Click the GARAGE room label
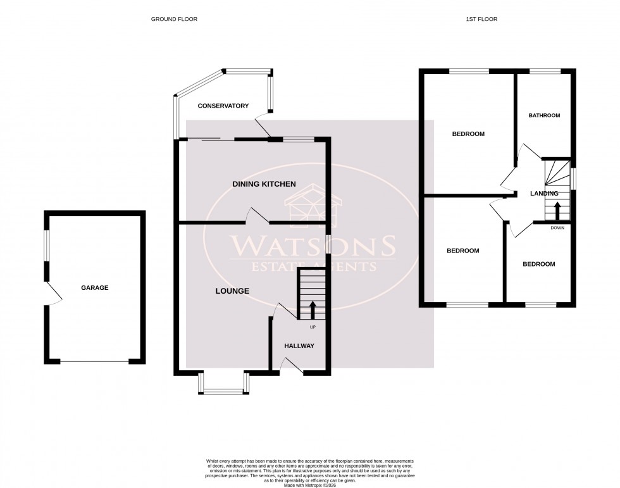tap(94, 287)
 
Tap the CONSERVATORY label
tap(223, 106)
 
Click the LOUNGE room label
tap(232, 291)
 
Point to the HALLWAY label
tap(299, 346)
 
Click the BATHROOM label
tap(544, 115)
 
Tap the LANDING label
tap(544, 194)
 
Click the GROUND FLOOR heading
tap(174, 19)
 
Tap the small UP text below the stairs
tap(312, 327)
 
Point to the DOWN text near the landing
tap(557, 227)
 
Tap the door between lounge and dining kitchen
tap(257, 216)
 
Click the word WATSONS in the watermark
tap(313, 246)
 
